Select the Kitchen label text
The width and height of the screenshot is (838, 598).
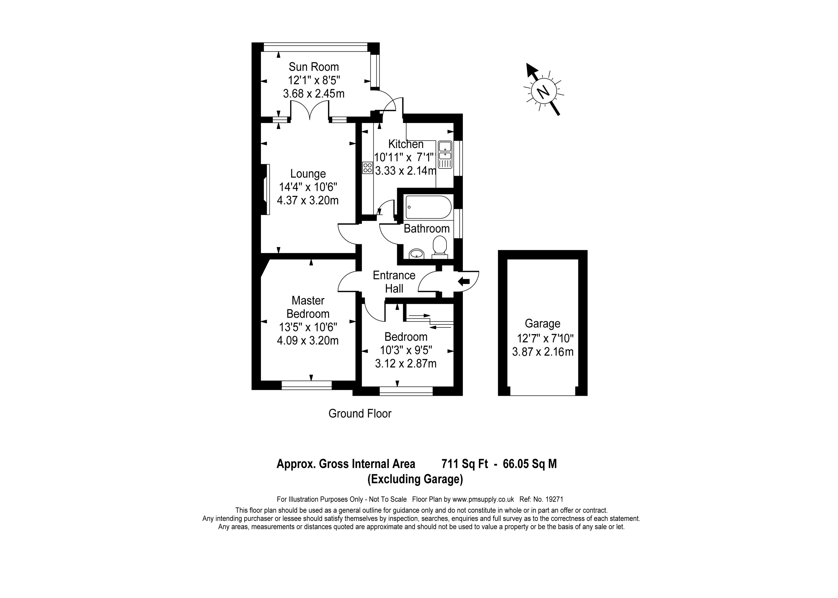click(x=406, y=144)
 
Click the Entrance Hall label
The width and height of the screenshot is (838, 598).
click(x=394, y=282)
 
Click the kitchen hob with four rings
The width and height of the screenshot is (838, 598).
click(x=367, y=168)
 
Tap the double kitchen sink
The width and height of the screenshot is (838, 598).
click(x=445, y=155)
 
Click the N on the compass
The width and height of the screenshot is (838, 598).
click(x=542, y=91)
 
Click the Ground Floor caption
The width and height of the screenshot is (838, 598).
click(x=360, y=414)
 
